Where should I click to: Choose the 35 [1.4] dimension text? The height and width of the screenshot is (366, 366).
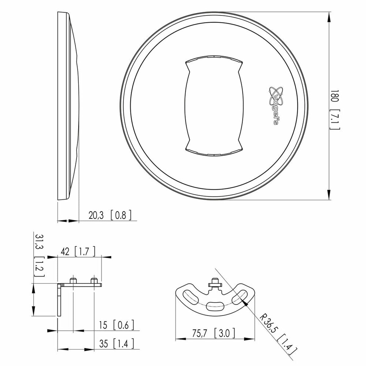click(x=117, y=344)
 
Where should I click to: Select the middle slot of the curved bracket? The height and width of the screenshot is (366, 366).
click(x=215, y=306)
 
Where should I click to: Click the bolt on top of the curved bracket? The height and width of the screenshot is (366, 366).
click(x=215, y=282)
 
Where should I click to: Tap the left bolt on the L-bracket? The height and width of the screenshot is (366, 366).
click(x=73, y=280)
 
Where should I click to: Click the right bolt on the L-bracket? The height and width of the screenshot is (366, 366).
click(x=94, y=280)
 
